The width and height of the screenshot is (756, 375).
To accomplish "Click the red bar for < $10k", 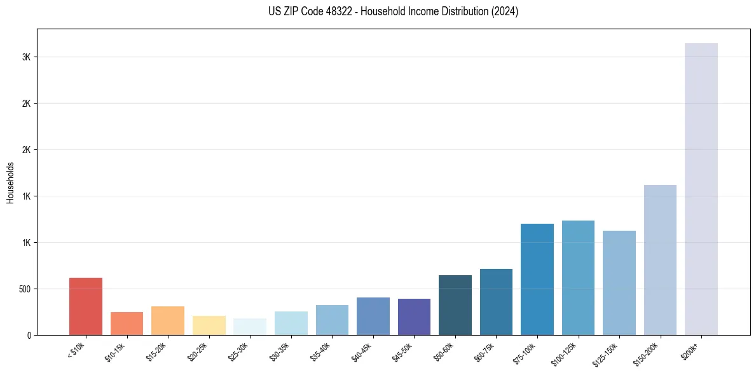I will pos(86,306).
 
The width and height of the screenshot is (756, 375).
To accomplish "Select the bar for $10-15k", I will pos(127,324).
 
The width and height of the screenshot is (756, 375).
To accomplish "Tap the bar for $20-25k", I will pos(209,325).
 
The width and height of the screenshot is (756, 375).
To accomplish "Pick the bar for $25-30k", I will pos(250,327).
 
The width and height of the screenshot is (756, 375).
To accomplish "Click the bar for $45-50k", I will pos(414,317).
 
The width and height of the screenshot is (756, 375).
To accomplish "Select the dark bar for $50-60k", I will pos(455,305).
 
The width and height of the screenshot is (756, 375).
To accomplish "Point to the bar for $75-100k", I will pos(537,279).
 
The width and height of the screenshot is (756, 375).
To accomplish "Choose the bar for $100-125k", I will pos(578,278).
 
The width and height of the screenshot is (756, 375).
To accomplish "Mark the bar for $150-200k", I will pos(660,260).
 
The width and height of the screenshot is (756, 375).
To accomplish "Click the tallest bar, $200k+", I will pos(701,189).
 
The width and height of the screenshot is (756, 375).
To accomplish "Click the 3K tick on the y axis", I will pos(26,57).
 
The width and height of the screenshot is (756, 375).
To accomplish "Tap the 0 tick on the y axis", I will pos(29,335).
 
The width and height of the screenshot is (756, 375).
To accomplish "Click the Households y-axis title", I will pos(10,182).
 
